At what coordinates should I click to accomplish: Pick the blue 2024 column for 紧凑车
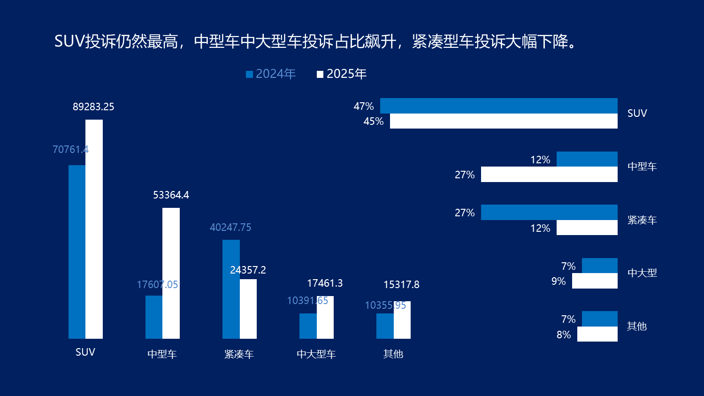pos(231,289)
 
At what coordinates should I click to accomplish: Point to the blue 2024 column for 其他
pos(385,326)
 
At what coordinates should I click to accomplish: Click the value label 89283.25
pos(93,107)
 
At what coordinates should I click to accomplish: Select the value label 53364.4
pos(171,195)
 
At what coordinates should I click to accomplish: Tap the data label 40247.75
pos(230,228)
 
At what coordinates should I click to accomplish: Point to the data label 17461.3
pos(325,283)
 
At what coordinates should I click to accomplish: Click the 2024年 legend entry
pos(271,74)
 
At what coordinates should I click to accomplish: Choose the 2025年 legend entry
pos(342,74)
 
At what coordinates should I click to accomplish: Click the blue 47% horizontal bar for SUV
pos(498,106)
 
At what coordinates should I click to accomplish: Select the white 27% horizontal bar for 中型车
pos(549,175)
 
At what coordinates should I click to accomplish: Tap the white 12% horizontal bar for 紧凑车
pos(587,228)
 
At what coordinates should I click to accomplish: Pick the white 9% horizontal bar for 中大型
pos(595,281)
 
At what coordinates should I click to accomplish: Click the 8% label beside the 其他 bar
pos(564,335)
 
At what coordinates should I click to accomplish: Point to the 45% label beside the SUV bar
pos(374,122)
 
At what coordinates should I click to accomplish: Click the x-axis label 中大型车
pos(316,354)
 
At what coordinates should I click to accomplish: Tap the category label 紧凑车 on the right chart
pos(642,220)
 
